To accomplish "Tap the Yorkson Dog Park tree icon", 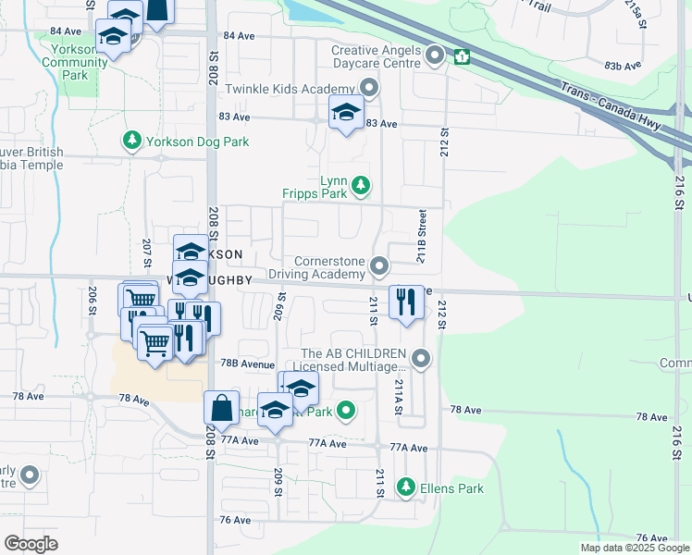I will click(x=132, y=142).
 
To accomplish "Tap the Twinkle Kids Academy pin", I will click(x=369, y=89).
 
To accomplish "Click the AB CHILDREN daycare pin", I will click(x=422, y=357).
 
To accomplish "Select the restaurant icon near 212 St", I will click(x=405, y=303).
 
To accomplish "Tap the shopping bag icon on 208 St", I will click(x=222, y=408).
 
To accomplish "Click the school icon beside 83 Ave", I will click(x=346, y=114).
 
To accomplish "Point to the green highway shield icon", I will click(x=462, y=58).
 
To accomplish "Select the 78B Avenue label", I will click(x=246, y=364).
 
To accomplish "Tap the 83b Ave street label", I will click(x=622, y=67).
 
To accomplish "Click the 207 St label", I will click(x=146, y=249).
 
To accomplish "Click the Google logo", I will click(x=31, y=544).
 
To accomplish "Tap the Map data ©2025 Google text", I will click(x=635, y=548).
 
